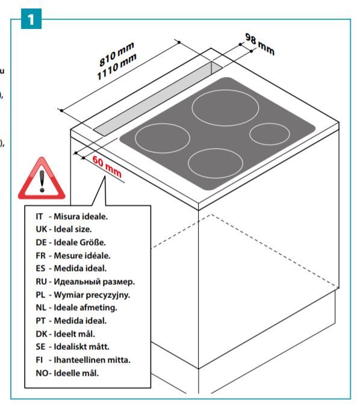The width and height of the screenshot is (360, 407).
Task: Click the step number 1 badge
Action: [31, 19]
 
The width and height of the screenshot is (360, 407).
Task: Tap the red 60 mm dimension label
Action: [107, 166]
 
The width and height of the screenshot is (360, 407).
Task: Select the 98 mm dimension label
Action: [260, 44]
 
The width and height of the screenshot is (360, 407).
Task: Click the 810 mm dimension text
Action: [117, 54]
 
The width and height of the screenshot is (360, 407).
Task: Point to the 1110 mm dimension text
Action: [117, 67]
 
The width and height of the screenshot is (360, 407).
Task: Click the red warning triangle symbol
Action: [42, 178]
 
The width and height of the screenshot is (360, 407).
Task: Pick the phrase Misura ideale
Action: [81, 216]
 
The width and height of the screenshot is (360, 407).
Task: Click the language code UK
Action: [42, 229]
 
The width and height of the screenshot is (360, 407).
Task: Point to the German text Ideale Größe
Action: [79, 243]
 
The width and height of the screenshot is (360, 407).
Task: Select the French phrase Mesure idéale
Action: [82, 255]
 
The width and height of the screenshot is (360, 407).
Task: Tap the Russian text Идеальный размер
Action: [95, 282]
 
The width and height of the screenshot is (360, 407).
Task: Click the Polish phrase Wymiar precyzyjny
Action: [92, 295]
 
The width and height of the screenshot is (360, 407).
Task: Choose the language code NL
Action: [41, 308]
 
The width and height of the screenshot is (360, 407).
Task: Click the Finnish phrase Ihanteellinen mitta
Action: [92, 360]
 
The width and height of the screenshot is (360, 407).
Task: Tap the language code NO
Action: [42, 373]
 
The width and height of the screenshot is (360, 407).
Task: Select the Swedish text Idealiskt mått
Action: [81, 347]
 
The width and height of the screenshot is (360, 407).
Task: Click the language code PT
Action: [40, 321]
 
